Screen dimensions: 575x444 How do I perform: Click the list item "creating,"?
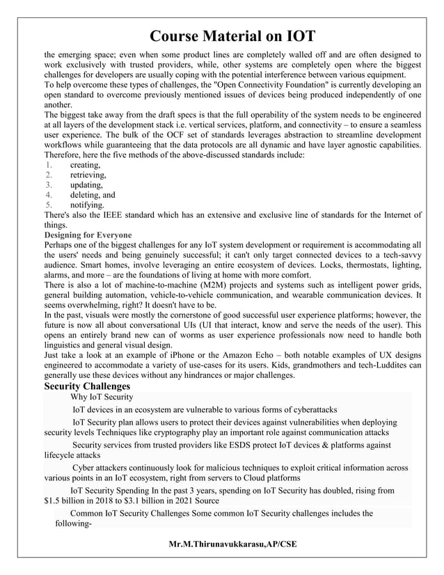click(x=85, y=165)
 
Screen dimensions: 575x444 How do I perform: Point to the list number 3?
click(x=49, y=185)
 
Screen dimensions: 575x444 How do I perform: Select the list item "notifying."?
click(x=87, y=205)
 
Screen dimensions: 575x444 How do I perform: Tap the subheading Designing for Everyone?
click(x=88, y=235)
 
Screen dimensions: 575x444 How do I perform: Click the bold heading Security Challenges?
click(x=87, y=386)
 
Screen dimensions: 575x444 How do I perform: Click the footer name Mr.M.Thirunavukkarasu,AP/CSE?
click(x=232, y=543)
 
